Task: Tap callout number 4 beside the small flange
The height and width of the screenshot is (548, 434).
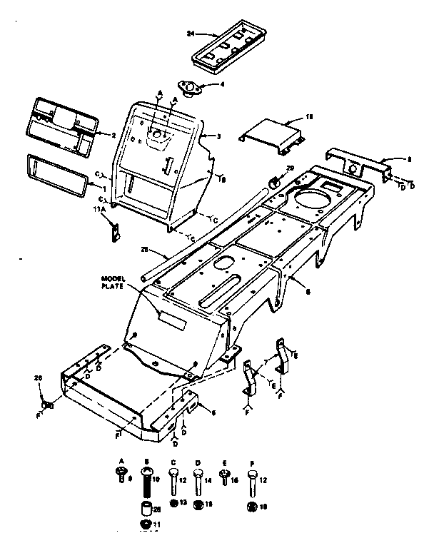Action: pos(222,84)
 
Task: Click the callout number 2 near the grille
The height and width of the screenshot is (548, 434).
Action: pos(113,135)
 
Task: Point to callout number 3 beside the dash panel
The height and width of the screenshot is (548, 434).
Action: pos(218,136)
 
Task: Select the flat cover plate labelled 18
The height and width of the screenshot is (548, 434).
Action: pos(272,137)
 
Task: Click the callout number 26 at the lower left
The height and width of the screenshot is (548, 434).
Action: pos(38,377)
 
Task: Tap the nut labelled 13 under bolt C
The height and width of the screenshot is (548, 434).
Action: pos(173,504)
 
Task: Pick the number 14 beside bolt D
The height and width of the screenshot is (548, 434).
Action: pos(208,482)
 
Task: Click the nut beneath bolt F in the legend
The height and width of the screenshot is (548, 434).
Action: pos(251,507)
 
